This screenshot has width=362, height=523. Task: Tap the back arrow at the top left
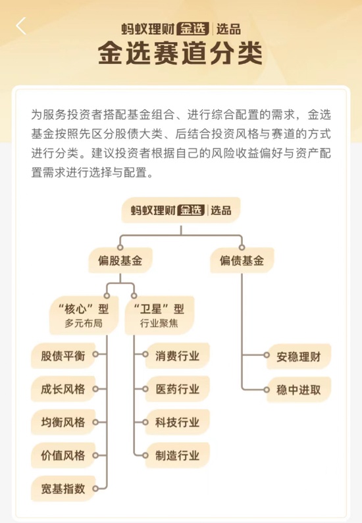21,26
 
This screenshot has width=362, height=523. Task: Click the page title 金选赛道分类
180,53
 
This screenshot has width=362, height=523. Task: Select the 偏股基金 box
120,260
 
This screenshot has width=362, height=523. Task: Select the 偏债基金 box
242,260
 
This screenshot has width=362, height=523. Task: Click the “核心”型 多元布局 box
84,315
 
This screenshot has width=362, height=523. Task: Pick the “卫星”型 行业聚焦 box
159,315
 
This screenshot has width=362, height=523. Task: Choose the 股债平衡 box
63,355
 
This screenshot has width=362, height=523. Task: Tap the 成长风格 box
63,389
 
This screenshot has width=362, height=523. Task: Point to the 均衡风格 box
63,422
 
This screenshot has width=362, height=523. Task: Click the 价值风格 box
63,456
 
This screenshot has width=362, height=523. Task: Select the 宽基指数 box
63,489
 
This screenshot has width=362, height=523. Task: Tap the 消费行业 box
178,355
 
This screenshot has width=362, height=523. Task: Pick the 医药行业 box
178,389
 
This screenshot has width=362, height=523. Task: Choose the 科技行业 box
178,422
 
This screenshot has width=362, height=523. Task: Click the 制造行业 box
178,456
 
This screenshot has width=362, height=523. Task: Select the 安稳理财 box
299,357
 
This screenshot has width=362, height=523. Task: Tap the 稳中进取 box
299,389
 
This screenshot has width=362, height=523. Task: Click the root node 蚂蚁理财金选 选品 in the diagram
181,210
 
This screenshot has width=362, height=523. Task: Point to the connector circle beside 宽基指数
95,489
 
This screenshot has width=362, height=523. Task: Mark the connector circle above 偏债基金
242,247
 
